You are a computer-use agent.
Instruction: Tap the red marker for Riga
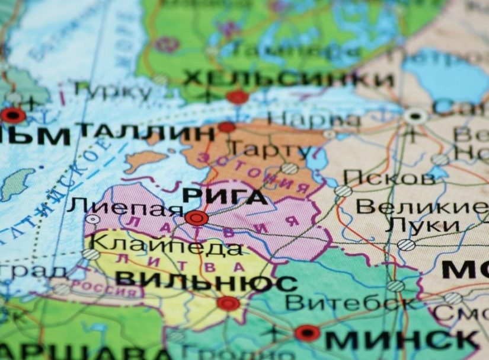196,218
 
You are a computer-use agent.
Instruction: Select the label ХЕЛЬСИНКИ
288,79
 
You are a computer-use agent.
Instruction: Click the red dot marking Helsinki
238,97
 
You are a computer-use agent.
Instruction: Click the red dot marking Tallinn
226,126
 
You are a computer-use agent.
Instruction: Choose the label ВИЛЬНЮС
206,281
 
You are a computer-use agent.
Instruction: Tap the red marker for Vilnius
228,304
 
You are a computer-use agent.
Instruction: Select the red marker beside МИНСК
307,333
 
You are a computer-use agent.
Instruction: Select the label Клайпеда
168,245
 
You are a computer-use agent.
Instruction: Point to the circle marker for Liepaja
92,219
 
